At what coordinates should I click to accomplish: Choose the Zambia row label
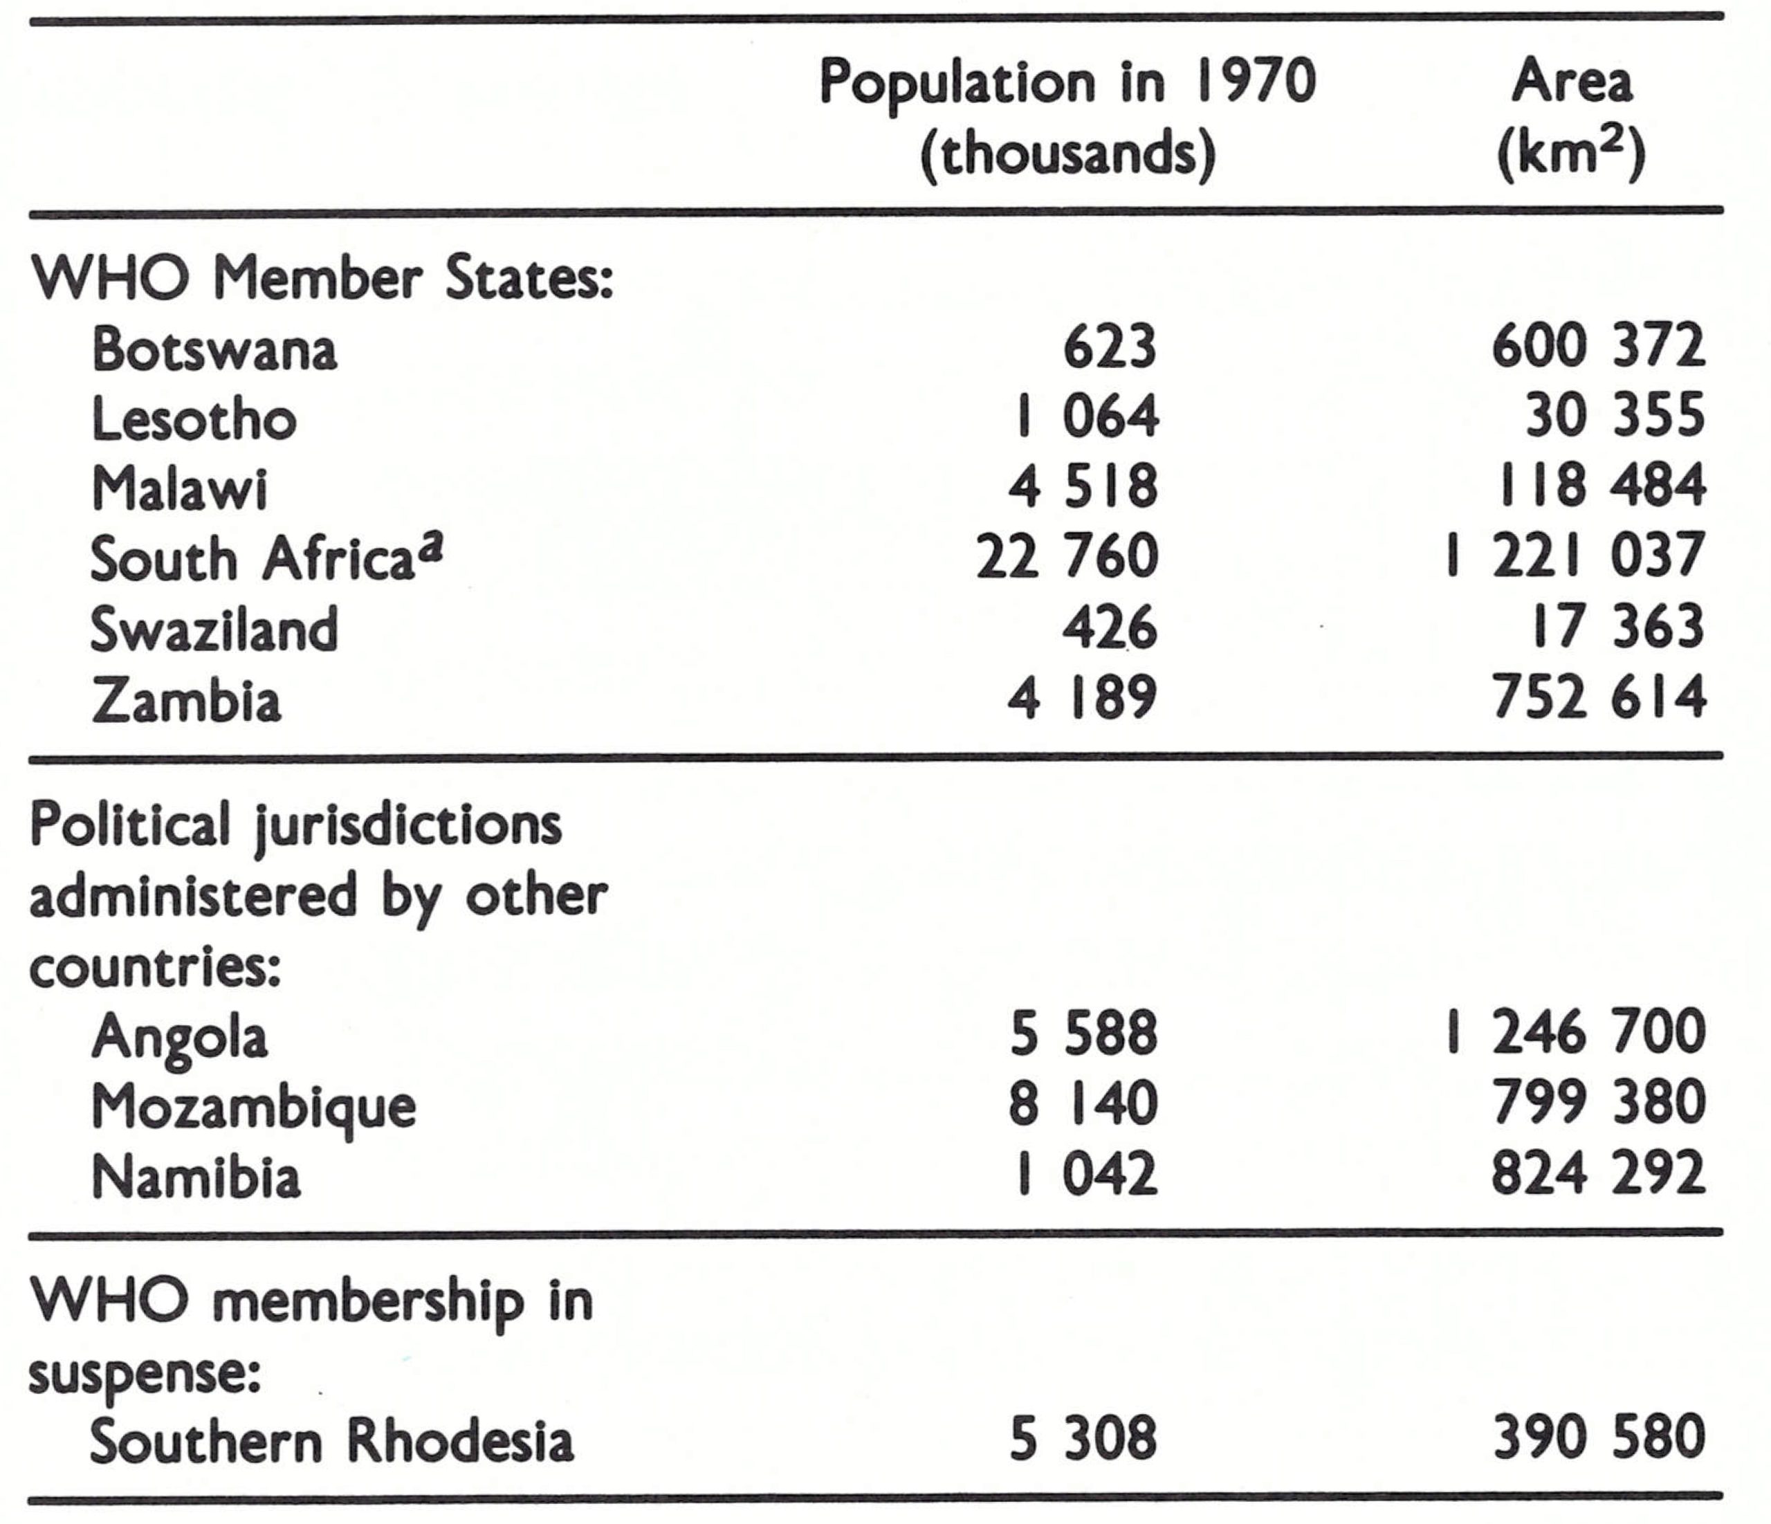(185, 699)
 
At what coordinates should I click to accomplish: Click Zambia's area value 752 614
(1598, 697)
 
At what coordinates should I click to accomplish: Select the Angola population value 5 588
(1083, 1033)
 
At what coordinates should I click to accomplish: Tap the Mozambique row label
(253, 1108)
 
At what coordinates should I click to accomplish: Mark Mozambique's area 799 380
(1598, 1103)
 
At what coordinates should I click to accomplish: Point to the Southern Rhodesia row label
(331, 1440)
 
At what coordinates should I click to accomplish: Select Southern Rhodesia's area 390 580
(1598, 1437)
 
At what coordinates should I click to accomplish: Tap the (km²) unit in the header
(1571, 155)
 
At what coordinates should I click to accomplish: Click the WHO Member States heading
(322, 279)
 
